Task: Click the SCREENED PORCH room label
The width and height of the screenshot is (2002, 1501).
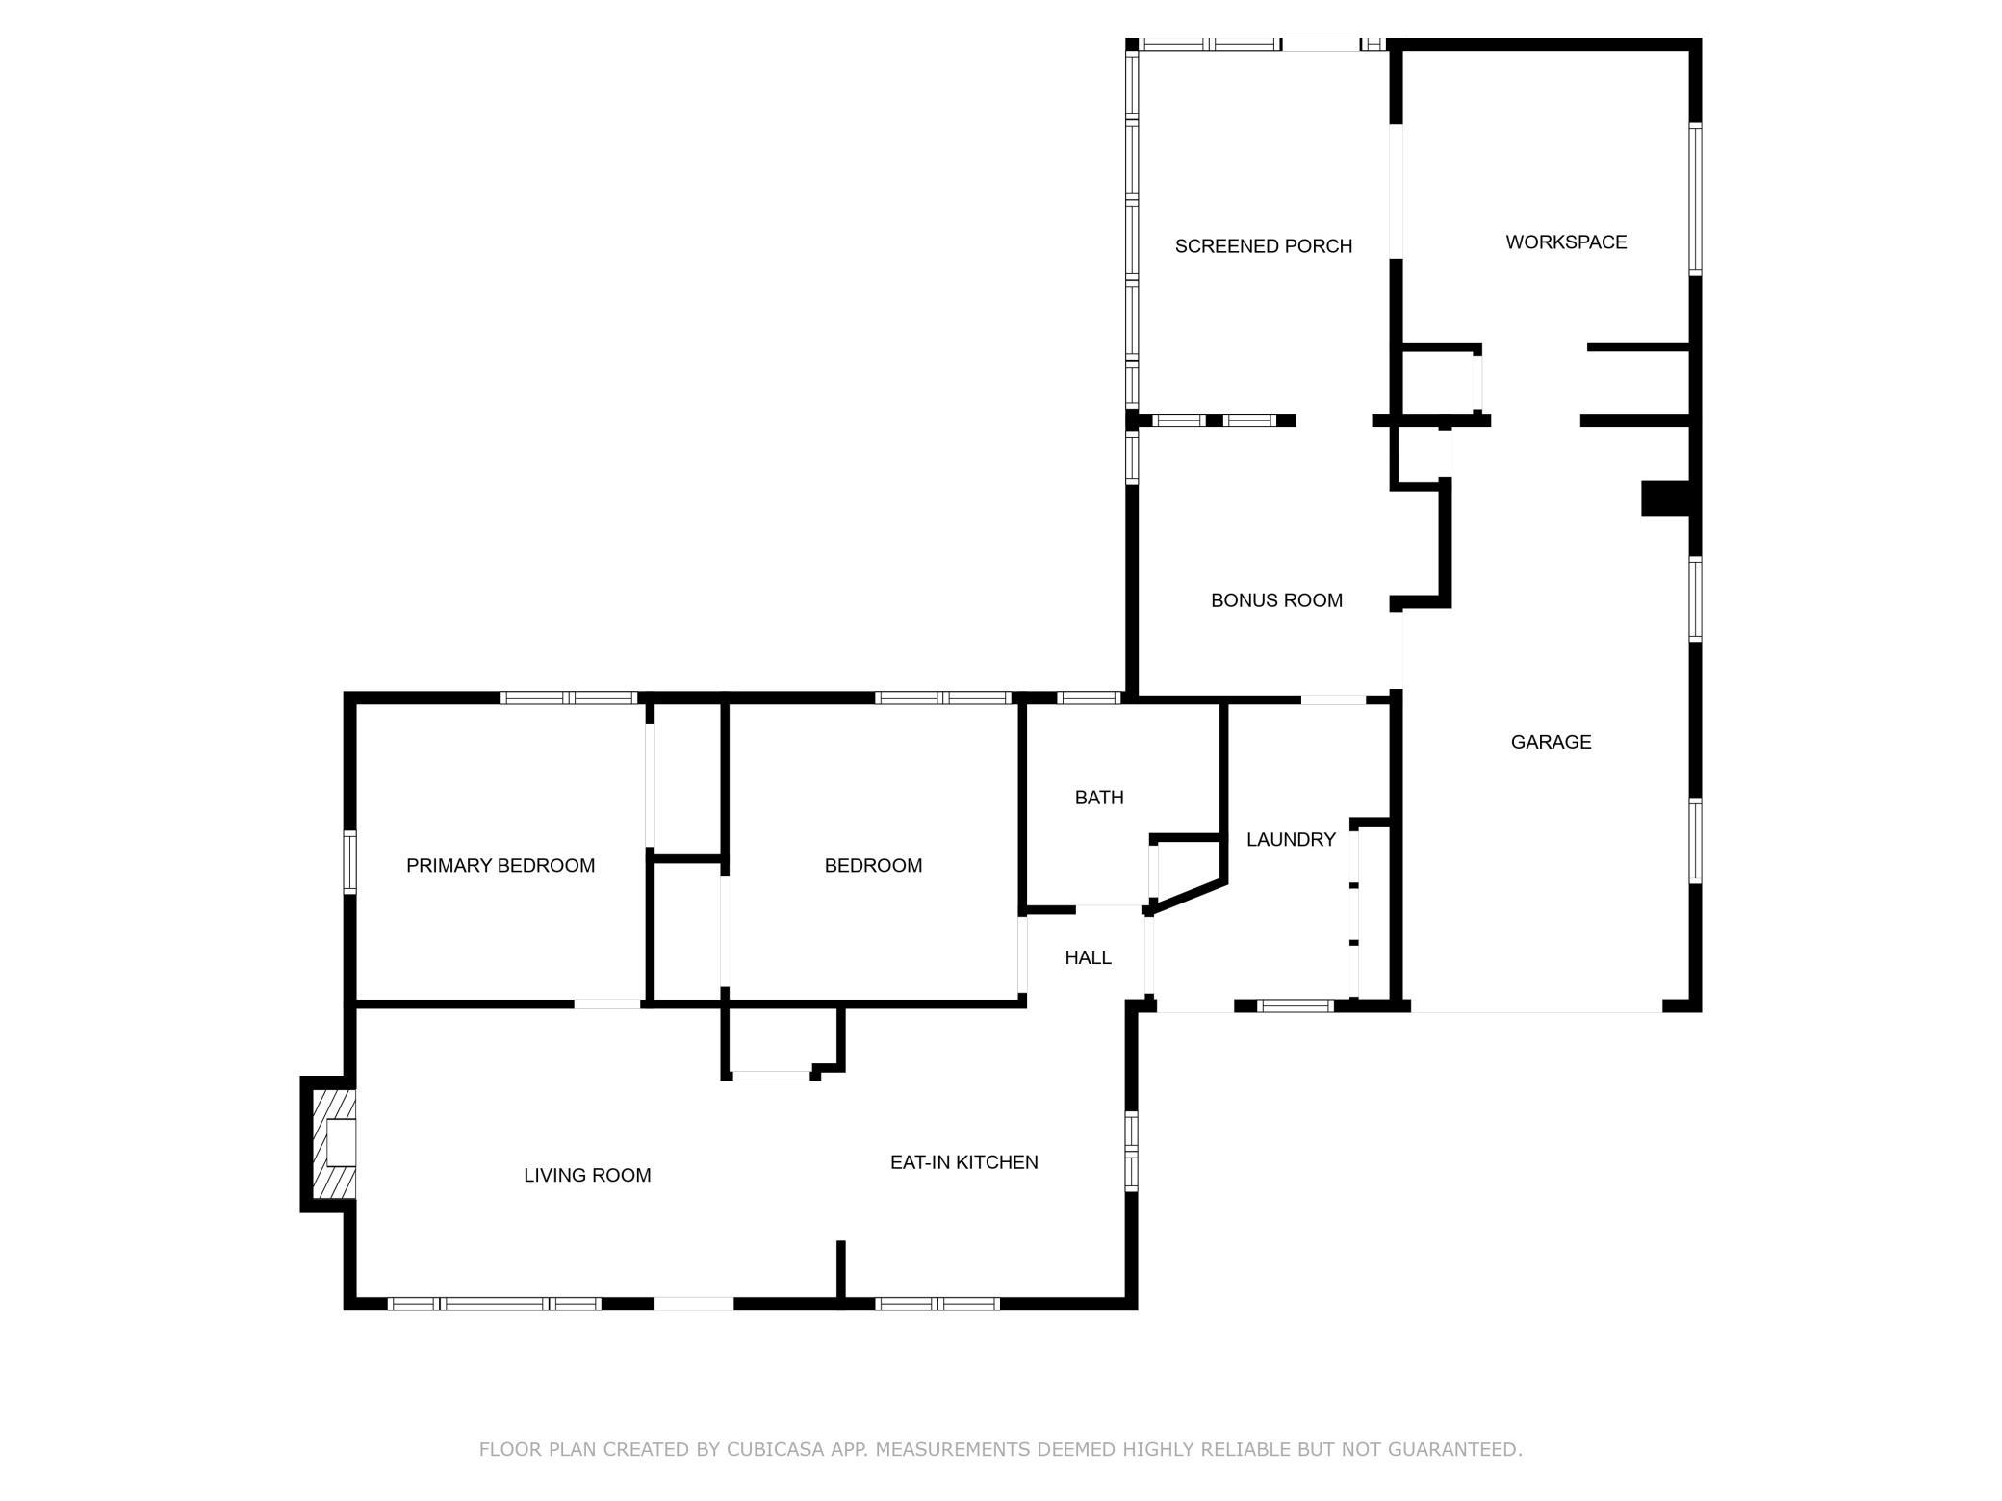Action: (x=1264, y=246)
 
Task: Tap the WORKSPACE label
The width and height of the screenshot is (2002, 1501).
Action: (x=1566, y=242)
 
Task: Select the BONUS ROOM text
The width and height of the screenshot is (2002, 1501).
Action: (x=1276, y=600)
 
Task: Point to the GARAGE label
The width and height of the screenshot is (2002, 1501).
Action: (x=1551, y=742)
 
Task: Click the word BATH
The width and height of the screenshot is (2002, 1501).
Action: (x=1099, y=798)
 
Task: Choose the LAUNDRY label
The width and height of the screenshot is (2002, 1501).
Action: (x=1291, y=840)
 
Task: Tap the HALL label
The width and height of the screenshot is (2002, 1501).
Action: (x=1088, y=957)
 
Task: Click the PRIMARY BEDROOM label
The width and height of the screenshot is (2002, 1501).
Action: (x=500, y=866)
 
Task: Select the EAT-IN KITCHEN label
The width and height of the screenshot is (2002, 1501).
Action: (x=963, y=1162)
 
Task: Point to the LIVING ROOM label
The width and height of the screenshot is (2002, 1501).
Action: (x=587, y=1175)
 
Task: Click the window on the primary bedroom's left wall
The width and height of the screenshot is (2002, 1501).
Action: (x=350, y=862)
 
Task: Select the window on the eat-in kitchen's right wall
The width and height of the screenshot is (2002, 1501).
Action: (x=1132, y=1151)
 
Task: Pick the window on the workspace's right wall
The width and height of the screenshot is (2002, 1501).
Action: (x=1696, y=199)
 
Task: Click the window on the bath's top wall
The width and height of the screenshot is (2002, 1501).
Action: (x=1089, y=698)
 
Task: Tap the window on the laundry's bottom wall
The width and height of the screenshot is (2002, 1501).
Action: (x=1296, y=1006)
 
